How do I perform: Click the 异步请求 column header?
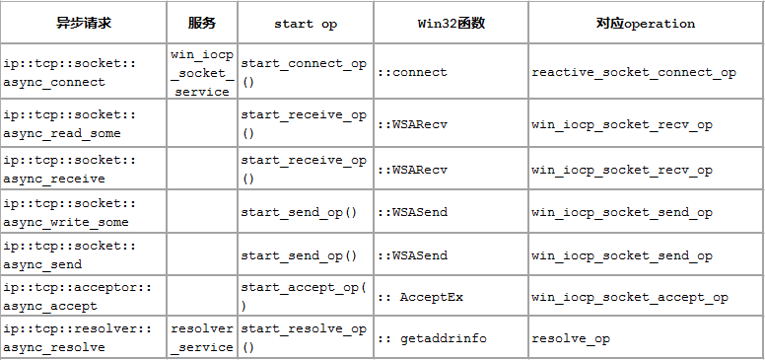83,23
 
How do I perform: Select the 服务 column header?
201,23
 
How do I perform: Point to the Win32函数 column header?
450,23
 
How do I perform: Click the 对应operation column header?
645,23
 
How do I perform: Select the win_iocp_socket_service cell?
201,72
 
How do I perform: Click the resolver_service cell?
201,338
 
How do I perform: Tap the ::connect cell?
414,72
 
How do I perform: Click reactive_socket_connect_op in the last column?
633,72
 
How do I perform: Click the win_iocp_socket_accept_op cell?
629,297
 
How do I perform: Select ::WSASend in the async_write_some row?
414,212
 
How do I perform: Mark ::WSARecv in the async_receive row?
414,170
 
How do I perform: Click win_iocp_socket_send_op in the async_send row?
621,255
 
